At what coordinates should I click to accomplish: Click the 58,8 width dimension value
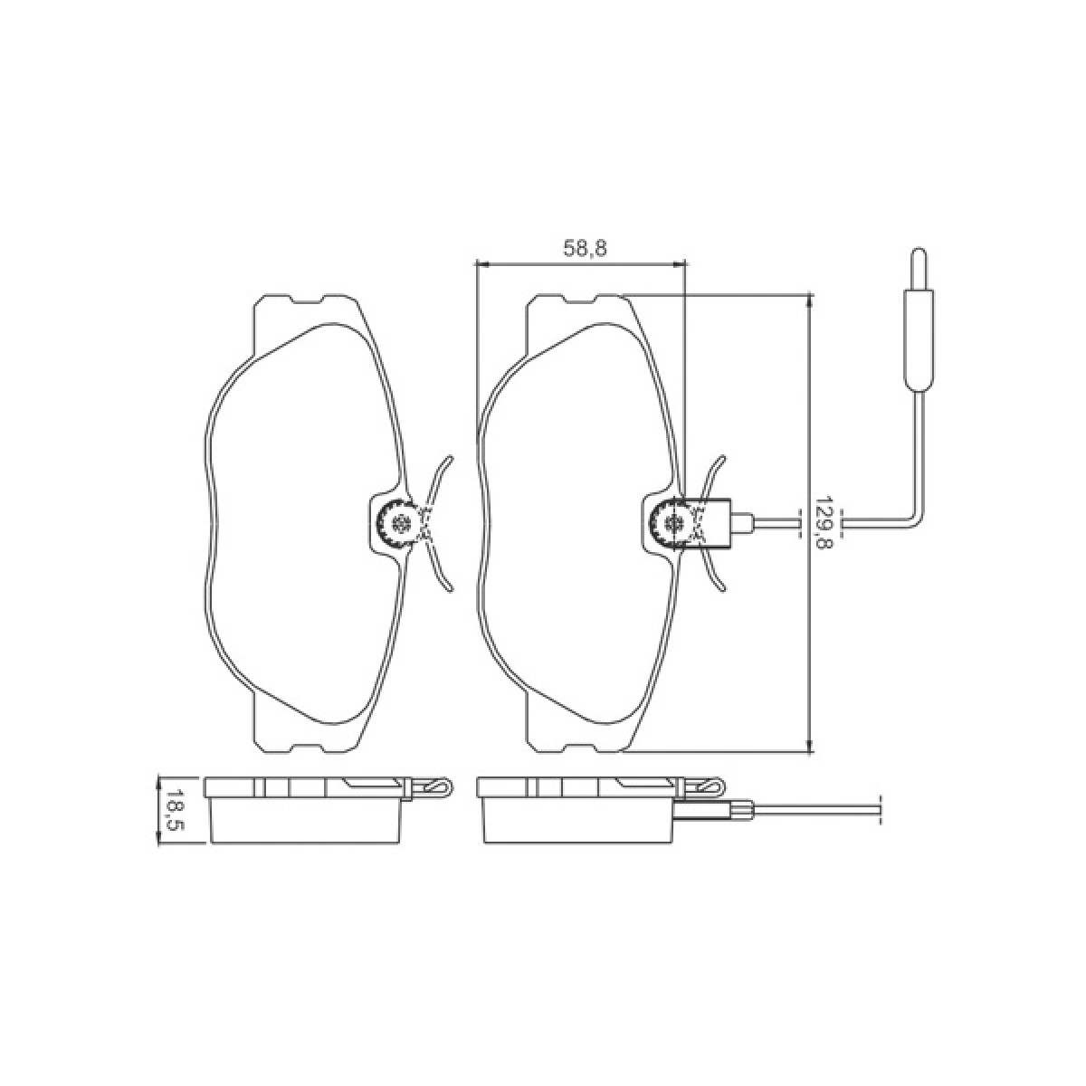(x=585, y=249)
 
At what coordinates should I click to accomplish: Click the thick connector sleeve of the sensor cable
(x=918, y=340)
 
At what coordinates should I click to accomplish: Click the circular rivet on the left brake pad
(x=401, y=522)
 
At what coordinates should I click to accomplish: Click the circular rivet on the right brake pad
(x=673, y=522)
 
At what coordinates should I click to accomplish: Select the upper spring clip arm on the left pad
(x=437, y=481)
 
